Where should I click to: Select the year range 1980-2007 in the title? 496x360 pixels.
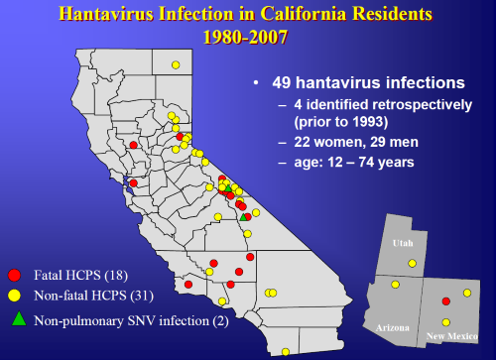click(247, 39)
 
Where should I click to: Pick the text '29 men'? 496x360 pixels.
click(392, 142)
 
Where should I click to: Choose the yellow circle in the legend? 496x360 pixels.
click(15, 296)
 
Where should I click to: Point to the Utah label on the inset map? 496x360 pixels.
click(403, 242)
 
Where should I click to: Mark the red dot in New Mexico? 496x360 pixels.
click(445, 300)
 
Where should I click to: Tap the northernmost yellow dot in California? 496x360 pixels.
click(175, 65)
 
